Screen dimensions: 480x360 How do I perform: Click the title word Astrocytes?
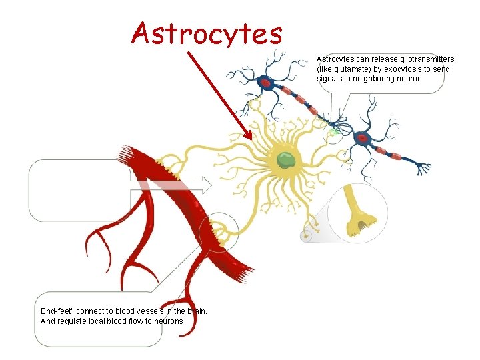click(207, 32)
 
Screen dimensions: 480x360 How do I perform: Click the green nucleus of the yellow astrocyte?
click(287, 159)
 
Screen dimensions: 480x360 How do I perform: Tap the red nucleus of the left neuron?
click(265, 83)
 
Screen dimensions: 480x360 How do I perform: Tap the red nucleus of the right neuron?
click(363, 139)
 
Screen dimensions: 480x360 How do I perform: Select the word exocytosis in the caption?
click(408, 69)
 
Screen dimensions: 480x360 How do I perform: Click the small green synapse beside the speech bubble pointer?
click(333, 132)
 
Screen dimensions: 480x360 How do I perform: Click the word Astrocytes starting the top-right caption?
click(335, 59)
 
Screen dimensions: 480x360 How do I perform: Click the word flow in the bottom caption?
click(137, 321)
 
